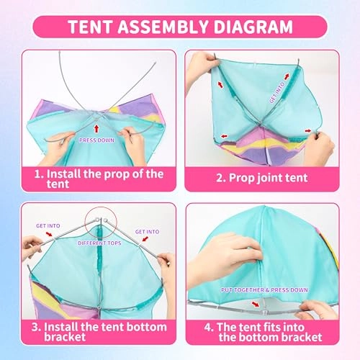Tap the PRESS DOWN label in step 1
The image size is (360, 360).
pos(97,140)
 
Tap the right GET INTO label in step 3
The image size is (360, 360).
pos(146,232)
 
